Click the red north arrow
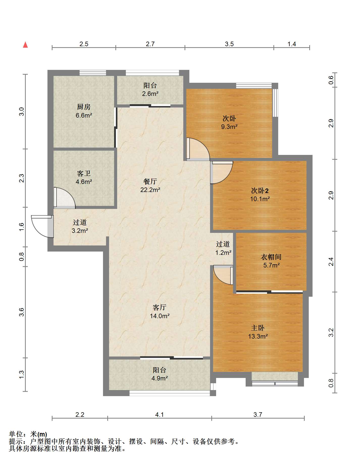pyautogui.click(x=25, y=45)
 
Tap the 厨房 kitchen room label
pyautogui.click(x=84, y=107)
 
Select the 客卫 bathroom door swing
pyautogui.click(x=65, y=198)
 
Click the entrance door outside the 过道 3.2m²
pyautogui.click(x=42, y=226)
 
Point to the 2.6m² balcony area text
pyautogui.click(x=150, y=94)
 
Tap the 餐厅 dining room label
pyautogui.click(x=150, y=181)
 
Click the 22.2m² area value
pyautogui.click(x=150, y=190)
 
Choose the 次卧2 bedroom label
pyautogui.click(x=260, y=191)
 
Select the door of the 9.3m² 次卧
pyautogui.click(x=198, y=149)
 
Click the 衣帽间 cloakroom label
pyautogui.click(x=271, y=257)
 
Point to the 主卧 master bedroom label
pyautogui.click(x=258, y=328)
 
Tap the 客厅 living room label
pyautogui.click(x=160, y=307)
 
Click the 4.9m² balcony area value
pyautogui.click(x=160, y=378)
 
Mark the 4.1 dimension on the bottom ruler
pyautogui.click(x=160, y=415)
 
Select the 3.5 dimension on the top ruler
pyautogui.click(x=229, y=44)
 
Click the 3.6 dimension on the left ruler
pyautogui.click(x=22, y=312)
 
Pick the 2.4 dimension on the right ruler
pyautogui.click(x=331, y=262)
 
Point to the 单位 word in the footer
pyautogui.click(x=16, y=434)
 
